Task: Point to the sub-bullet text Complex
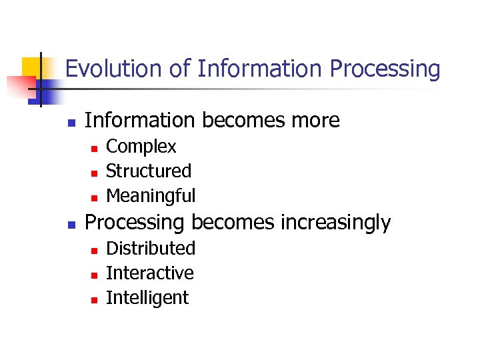141,147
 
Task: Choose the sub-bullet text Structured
149,171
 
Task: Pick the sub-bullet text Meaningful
151,196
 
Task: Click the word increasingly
335,223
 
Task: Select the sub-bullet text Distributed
151,249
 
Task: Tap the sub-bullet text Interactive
150,273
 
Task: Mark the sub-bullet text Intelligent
147,298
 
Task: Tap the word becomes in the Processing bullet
228,223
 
